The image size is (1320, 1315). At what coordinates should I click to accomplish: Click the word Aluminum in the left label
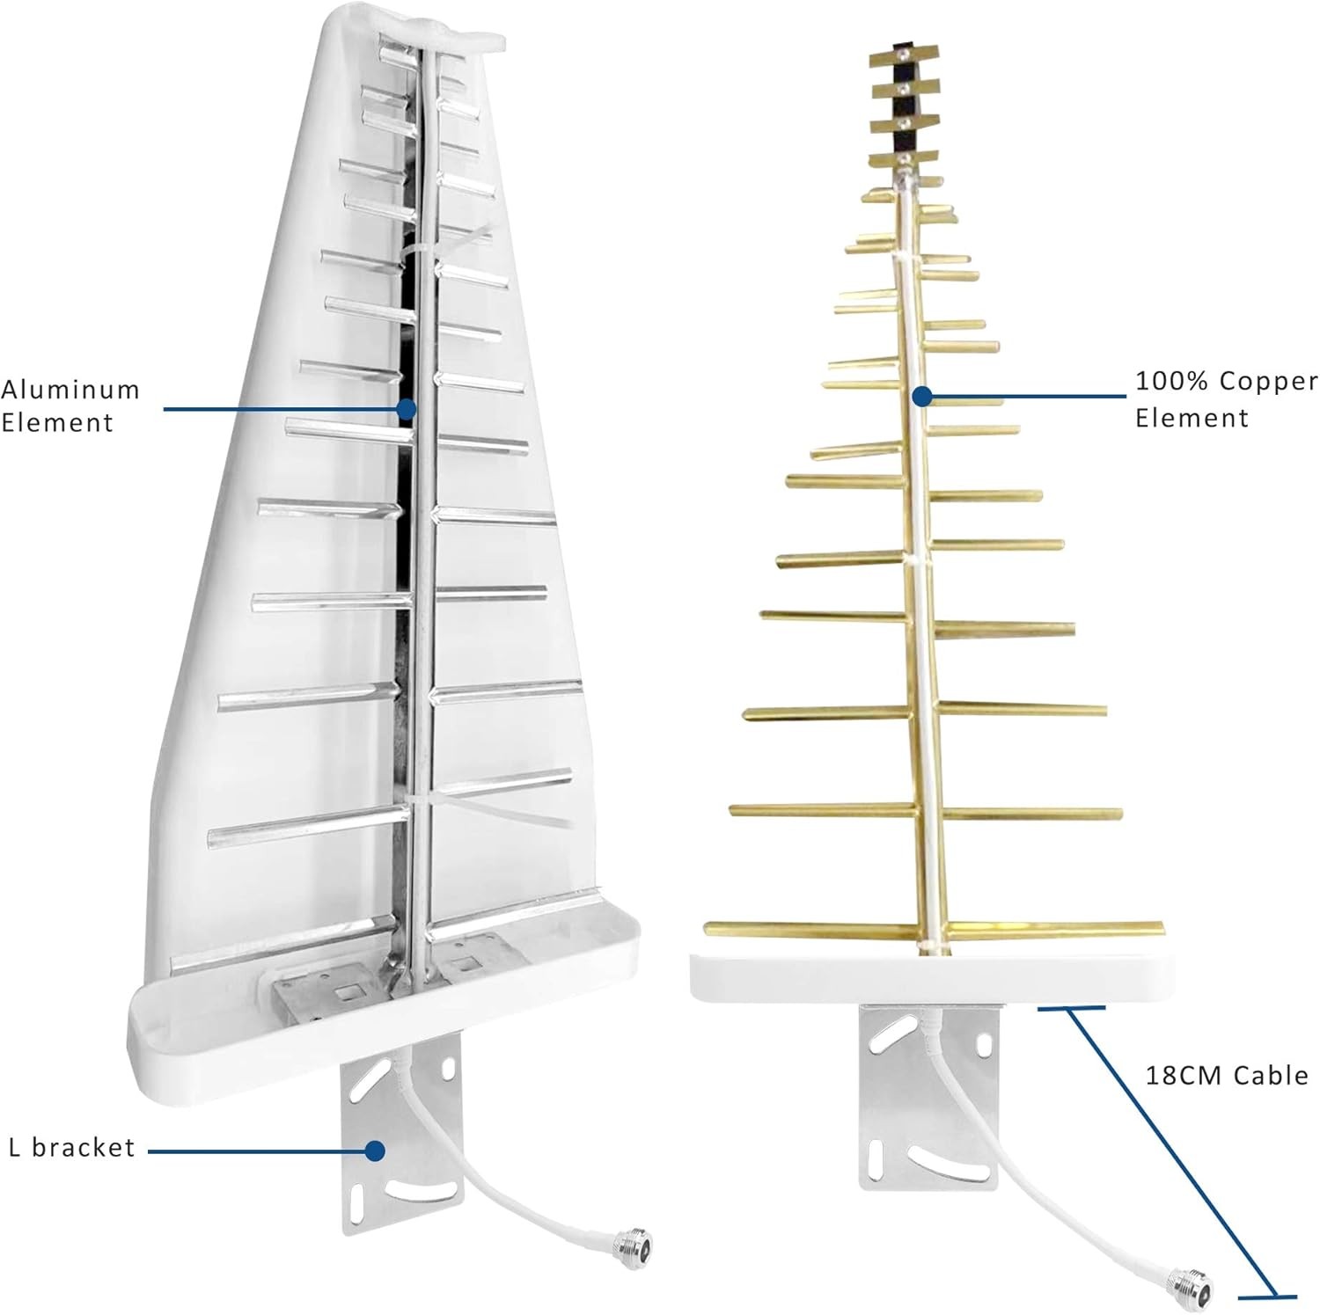click(70, 390)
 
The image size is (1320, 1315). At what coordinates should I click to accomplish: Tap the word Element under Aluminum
click(57, 423)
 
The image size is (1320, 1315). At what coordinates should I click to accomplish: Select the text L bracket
click(72, 1148)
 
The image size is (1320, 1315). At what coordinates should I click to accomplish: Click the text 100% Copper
click(1226, 382)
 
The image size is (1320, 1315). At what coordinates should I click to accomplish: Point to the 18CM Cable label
click(1226, 1076)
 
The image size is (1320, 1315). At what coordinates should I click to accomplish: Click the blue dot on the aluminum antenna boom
click(406, 409)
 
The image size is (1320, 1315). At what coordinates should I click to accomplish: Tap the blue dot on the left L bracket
click(375, 1150)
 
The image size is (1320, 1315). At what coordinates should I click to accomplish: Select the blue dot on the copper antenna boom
click(921, 397)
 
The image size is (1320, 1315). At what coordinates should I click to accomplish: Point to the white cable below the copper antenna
click(1038, 1205)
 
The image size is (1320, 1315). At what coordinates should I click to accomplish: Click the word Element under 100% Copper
click(1192, 419)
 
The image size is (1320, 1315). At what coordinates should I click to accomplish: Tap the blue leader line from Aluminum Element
click(282, 409)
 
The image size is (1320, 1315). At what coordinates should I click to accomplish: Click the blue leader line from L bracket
click(255, 1150)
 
